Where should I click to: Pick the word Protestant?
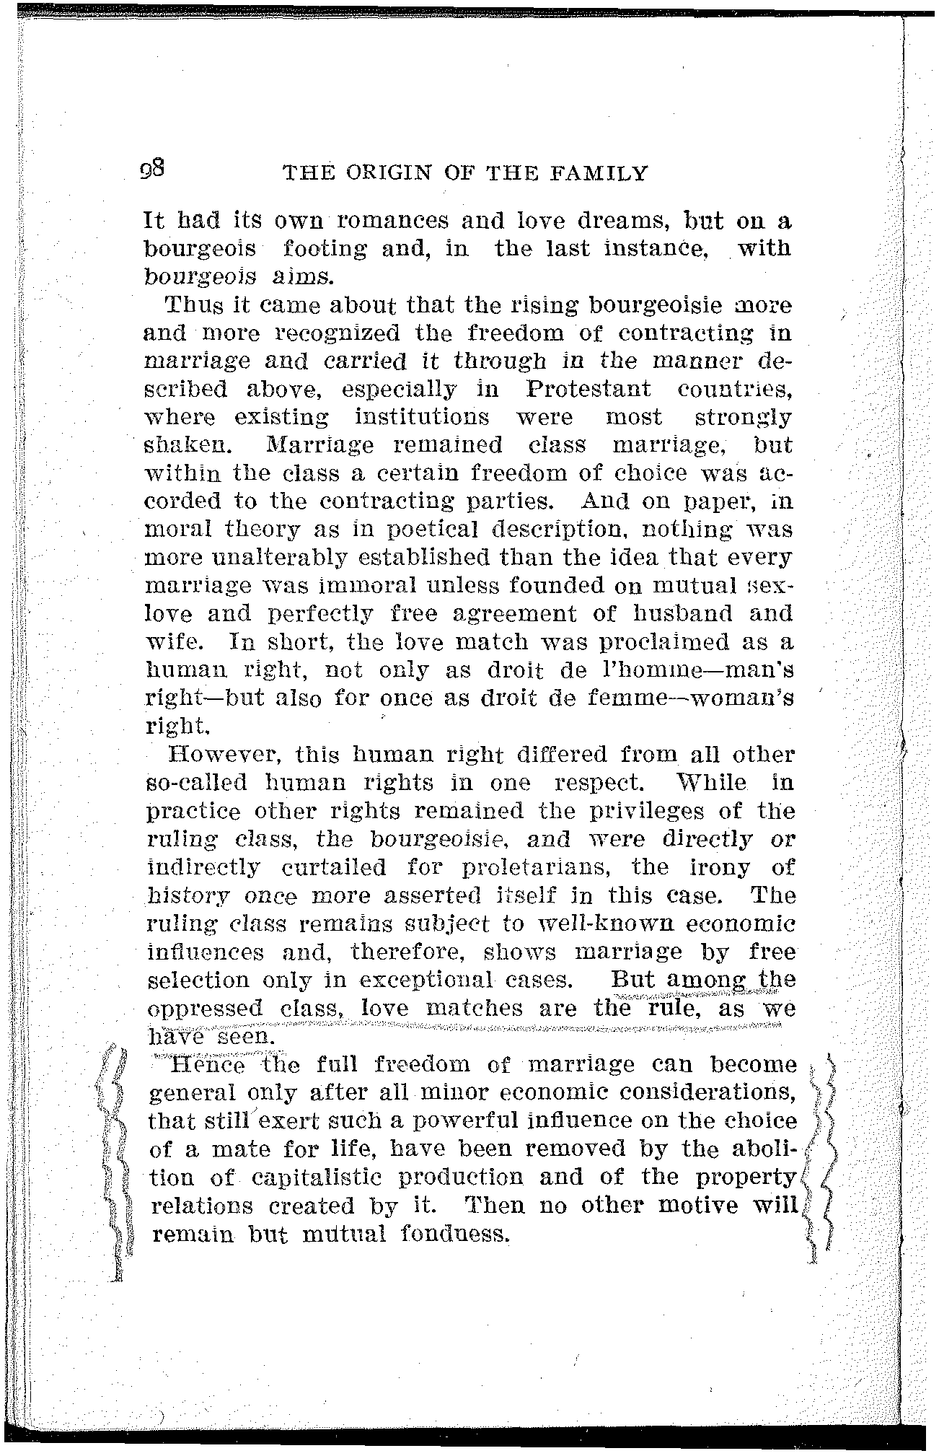tap(588, 390)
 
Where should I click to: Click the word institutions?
tap(421, 418)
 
